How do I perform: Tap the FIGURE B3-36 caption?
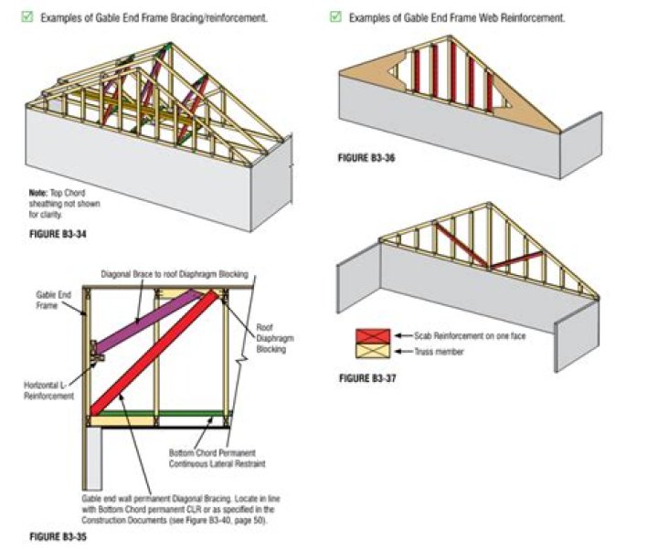pyautogui.click(x=366, y=158)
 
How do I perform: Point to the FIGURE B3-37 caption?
pyautogui.click(x=366, y=377)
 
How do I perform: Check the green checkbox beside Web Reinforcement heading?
pyautogui.click(x=335, y=17)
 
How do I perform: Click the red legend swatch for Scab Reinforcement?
pyautogui.click(x=373, y=336)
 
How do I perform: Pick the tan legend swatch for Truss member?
pyautogui.click(x=373, y=351)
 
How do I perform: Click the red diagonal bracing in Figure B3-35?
pyautogui.click(x=155, y=356)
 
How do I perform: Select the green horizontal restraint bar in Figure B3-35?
pyautogui.click(x=155, y=413)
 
